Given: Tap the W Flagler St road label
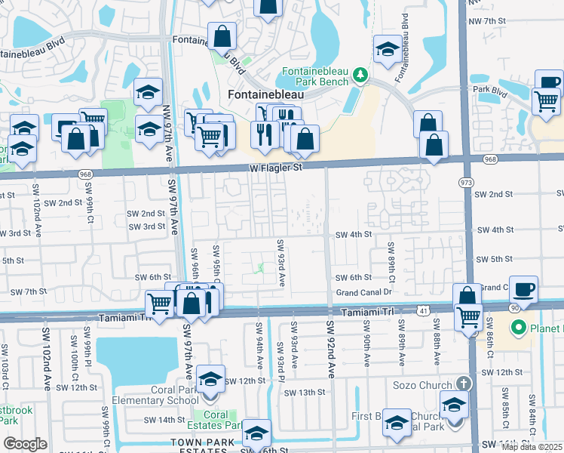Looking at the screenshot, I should (x=277, y=168).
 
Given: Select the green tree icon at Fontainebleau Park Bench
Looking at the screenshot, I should (x=361, y=75).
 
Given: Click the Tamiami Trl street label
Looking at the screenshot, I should (x=367, y=312).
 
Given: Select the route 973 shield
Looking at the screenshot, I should (x=467, y=182).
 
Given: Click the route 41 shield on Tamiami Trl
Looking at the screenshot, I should (x=424, y=310).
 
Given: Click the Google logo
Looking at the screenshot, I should (x=26, y=444).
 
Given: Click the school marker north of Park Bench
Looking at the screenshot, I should (x=387, y=49).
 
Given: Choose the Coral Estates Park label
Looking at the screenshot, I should (x=217, y=420).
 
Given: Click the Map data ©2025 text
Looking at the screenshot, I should (x=532, y=447).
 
